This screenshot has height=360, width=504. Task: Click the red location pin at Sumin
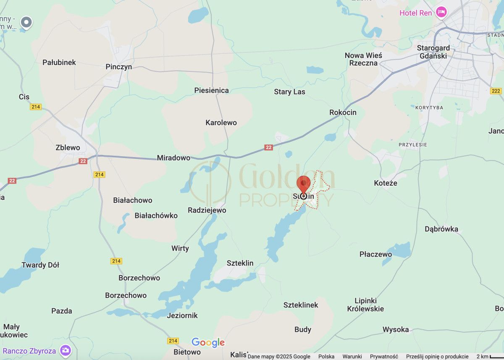(x=304, y=185)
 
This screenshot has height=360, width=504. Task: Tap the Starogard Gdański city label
(x=433, y=52)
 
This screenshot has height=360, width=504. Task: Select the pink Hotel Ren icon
(x=441, y=13)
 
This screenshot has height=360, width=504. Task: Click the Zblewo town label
(x=68, y=147)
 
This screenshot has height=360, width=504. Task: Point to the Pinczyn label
(x=119, y=67)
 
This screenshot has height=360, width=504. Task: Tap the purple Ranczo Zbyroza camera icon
(x=65, y=350)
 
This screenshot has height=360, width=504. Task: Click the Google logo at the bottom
(x=208, y=343)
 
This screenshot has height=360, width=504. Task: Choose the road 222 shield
(x=496, y=91)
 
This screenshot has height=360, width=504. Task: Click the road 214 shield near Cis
(x=36, y=107)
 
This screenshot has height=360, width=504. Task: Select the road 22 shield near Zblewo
(x=83, y=161)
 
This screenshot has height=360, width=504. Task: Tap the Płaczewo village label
(x=375, y=254)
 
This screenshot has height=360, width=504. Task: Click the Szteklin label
(x=240, y=263)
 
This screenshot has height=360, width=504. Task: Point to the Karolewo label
(x=221, y=123)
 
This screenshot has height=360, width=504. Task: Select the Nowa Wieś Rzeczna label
(x=363, y=59)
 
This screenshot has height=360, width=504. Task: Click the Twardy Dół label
(x=40, y=265)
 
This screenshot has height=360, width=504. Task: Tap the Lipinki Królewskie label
(x=365, y=305)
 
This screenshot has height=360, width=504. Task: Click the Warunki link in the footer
(x=352, y=357)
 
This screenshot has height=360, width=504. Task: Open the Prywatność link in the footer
(x=384, y=357)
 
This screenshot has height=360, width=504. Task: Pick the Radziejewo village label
(x=207, y=210)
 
